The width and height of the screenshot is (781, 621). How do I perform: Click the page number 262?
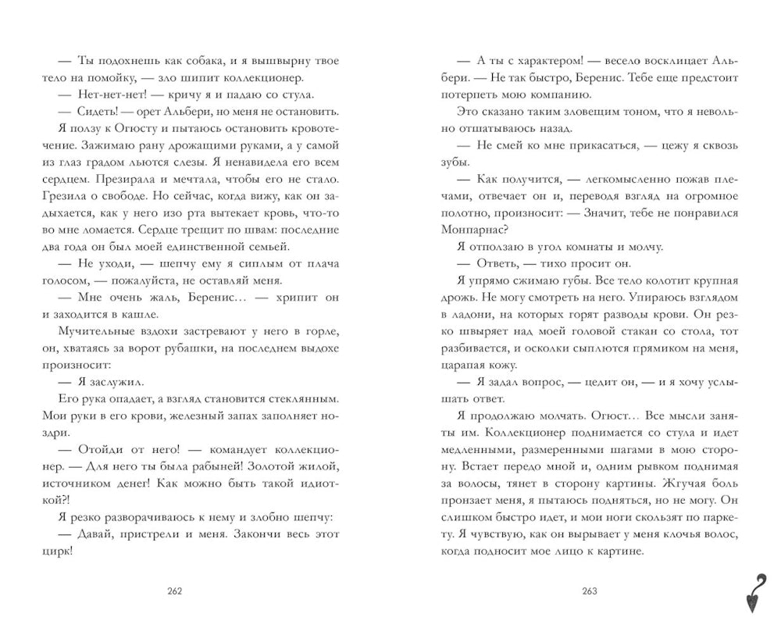tap(174, 590)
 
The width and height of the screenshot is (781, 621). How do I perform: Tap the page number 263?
tap(590, 590)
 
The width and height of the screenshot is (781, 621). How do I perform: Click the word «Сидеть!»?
tap(98, 112)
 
